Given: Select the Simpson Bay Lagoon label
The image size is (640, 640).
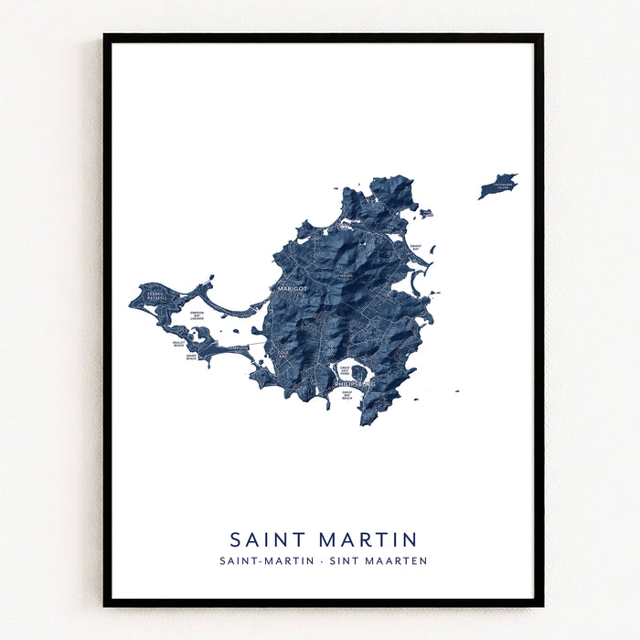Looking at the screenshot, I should point(197,315).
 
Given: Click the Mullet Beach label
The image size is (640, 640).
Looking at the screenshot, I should point(178,344).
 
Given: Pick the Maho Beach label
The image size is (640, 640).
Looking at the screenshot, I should point(191,357).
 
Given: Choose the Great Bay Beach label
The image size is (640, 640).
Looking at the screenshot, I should point(347,396).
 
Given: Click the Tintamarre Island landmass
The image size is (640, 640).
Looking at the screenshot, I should point(498,186).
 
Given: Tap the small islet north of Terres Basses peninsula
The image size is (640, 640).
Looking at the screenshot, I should point(211,277).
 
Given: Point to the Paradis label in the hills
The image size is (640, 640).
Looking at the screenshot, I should point(345,275).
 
